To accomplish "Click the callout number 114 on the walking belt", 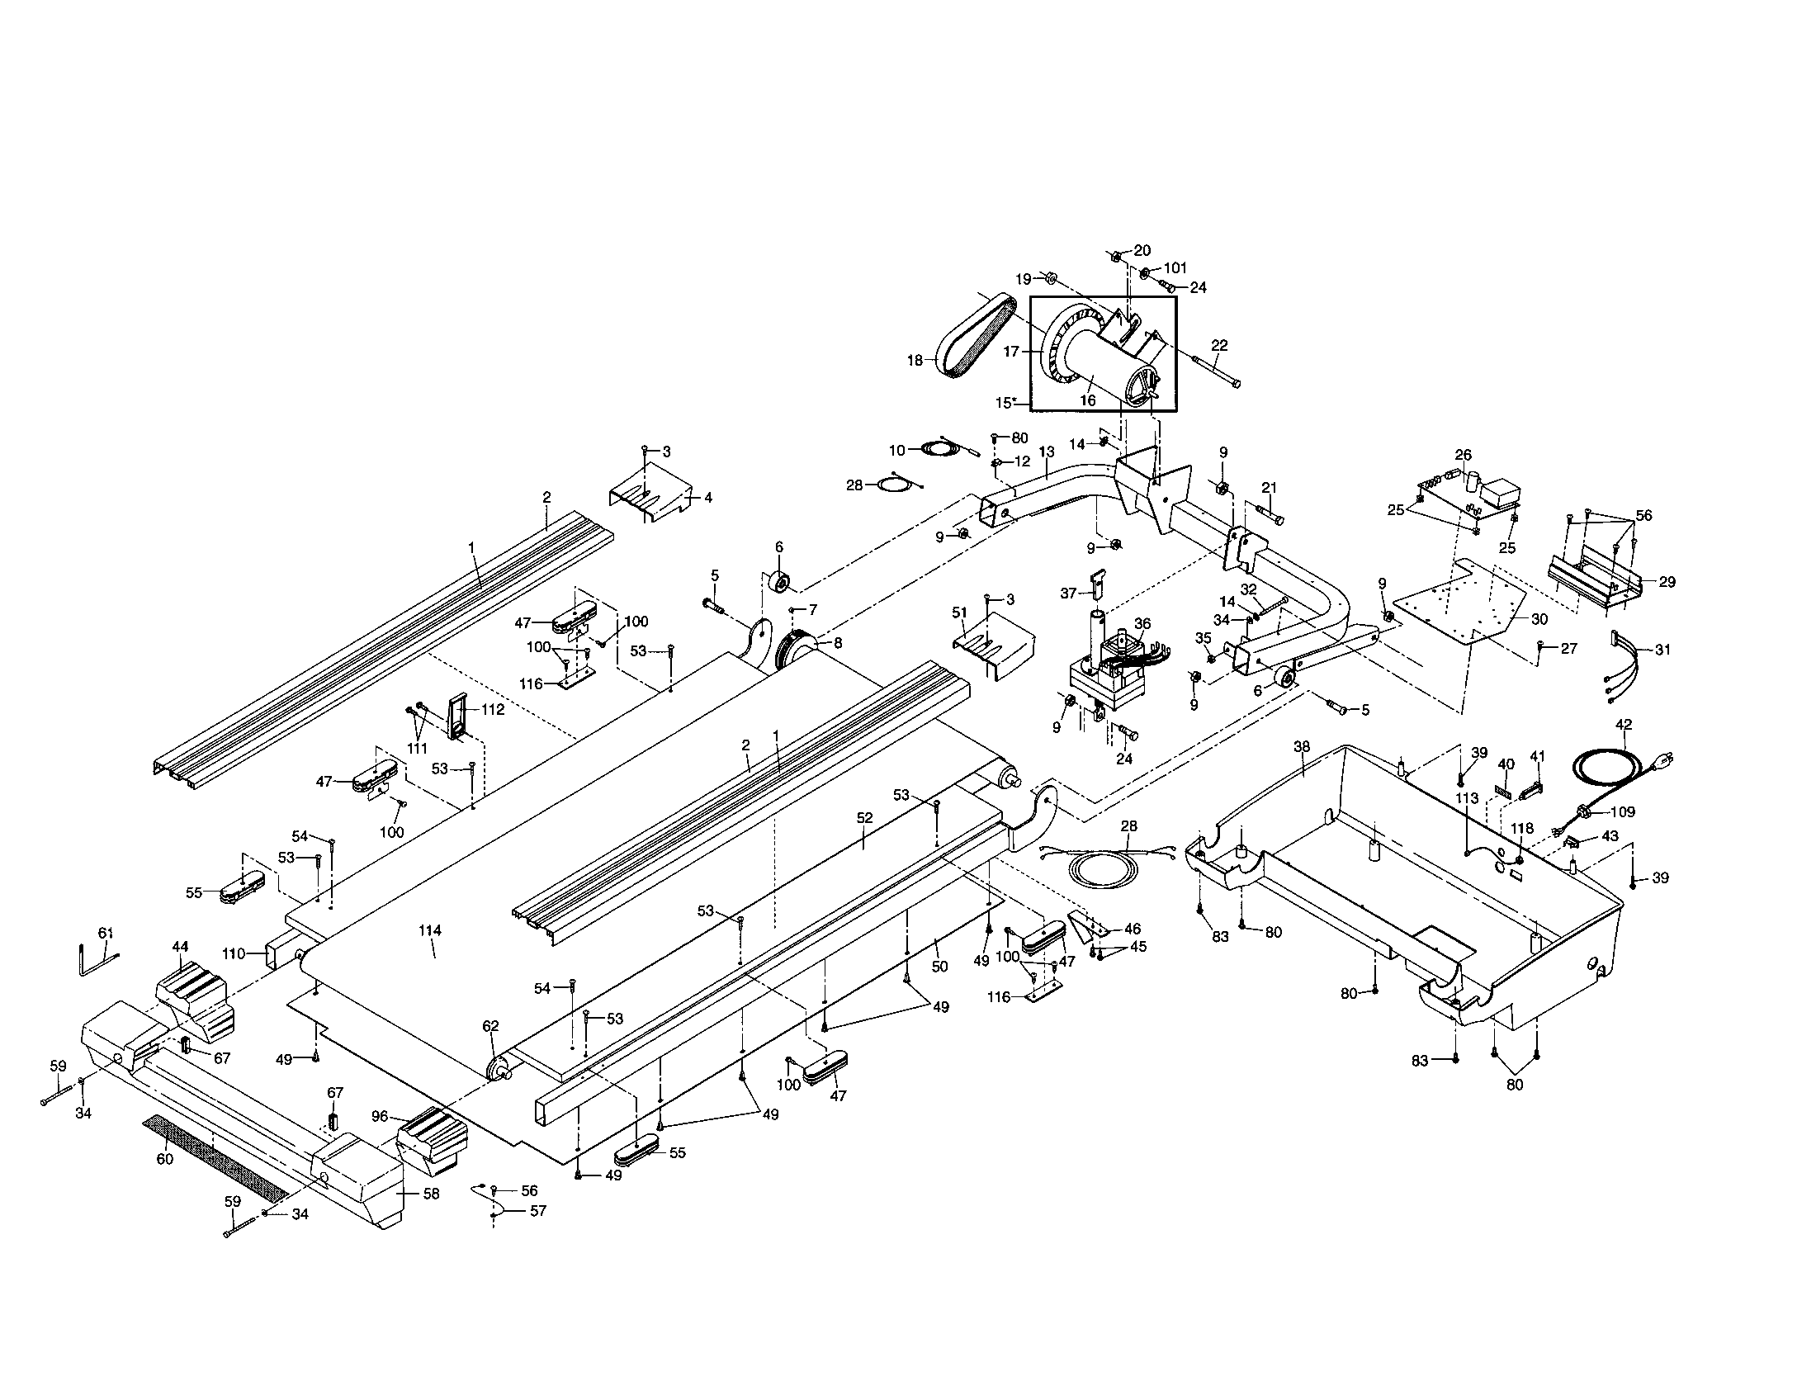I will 429,931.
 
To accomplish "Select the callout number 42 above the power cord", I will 1624,724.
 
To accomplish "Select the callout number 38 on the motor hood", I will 1301,746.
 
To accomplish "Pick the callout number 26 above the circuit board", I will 1463,455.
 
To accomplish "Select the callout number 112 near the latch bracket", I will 492,710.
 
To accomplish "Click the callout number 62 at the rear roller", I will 490,1026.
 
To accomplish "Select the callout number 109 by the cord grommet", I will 1622,812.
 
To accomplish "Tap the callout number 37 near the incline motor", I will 1067,594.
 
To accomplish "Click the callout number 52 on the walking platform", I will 865,818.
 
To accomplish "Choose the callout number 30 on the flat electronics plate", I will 1539,618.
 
